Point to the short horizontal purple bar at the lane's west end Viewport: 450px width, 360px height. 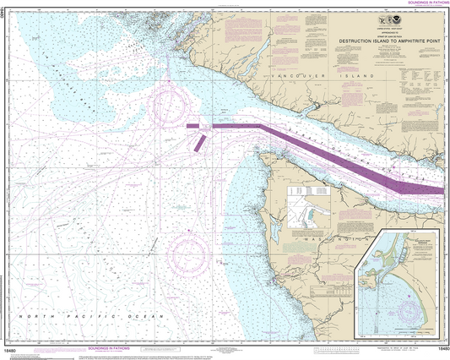point(192,126)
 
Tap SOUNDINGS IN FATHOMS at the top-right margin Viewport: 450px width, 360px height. point(417,3)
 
